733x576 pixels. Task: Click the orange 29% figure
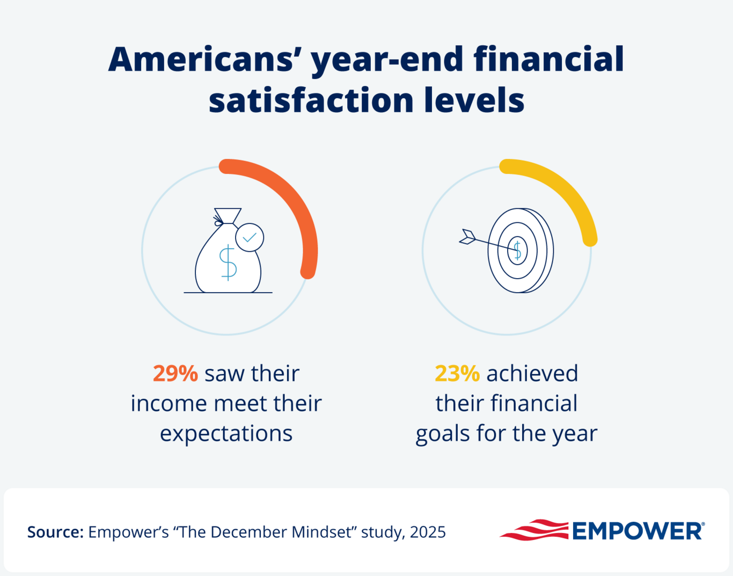[175, 373]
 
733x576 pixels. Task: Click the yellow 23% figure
[457, 373]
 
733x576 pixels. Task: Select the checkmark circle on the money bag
[250, 237]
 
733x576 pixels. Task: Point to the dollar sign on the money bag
[228, 262]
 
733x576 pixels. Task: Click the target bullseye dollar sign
[517, 250]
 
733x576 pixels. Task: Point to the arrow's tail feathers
[467, 237]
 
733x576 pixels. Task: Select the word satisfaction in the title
[311, 100]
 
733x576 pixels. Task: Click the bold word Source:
[55, 532]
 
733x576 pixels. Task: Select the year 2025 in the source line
[428, 532]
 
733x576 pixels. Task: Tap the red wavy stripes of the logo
[534, 530]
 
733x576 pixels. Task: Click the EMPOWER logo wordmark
[637, 531]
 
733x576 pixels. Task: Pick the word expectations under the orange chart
[226, 433]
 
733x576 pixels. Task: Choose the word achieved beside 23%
[532, 373]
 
